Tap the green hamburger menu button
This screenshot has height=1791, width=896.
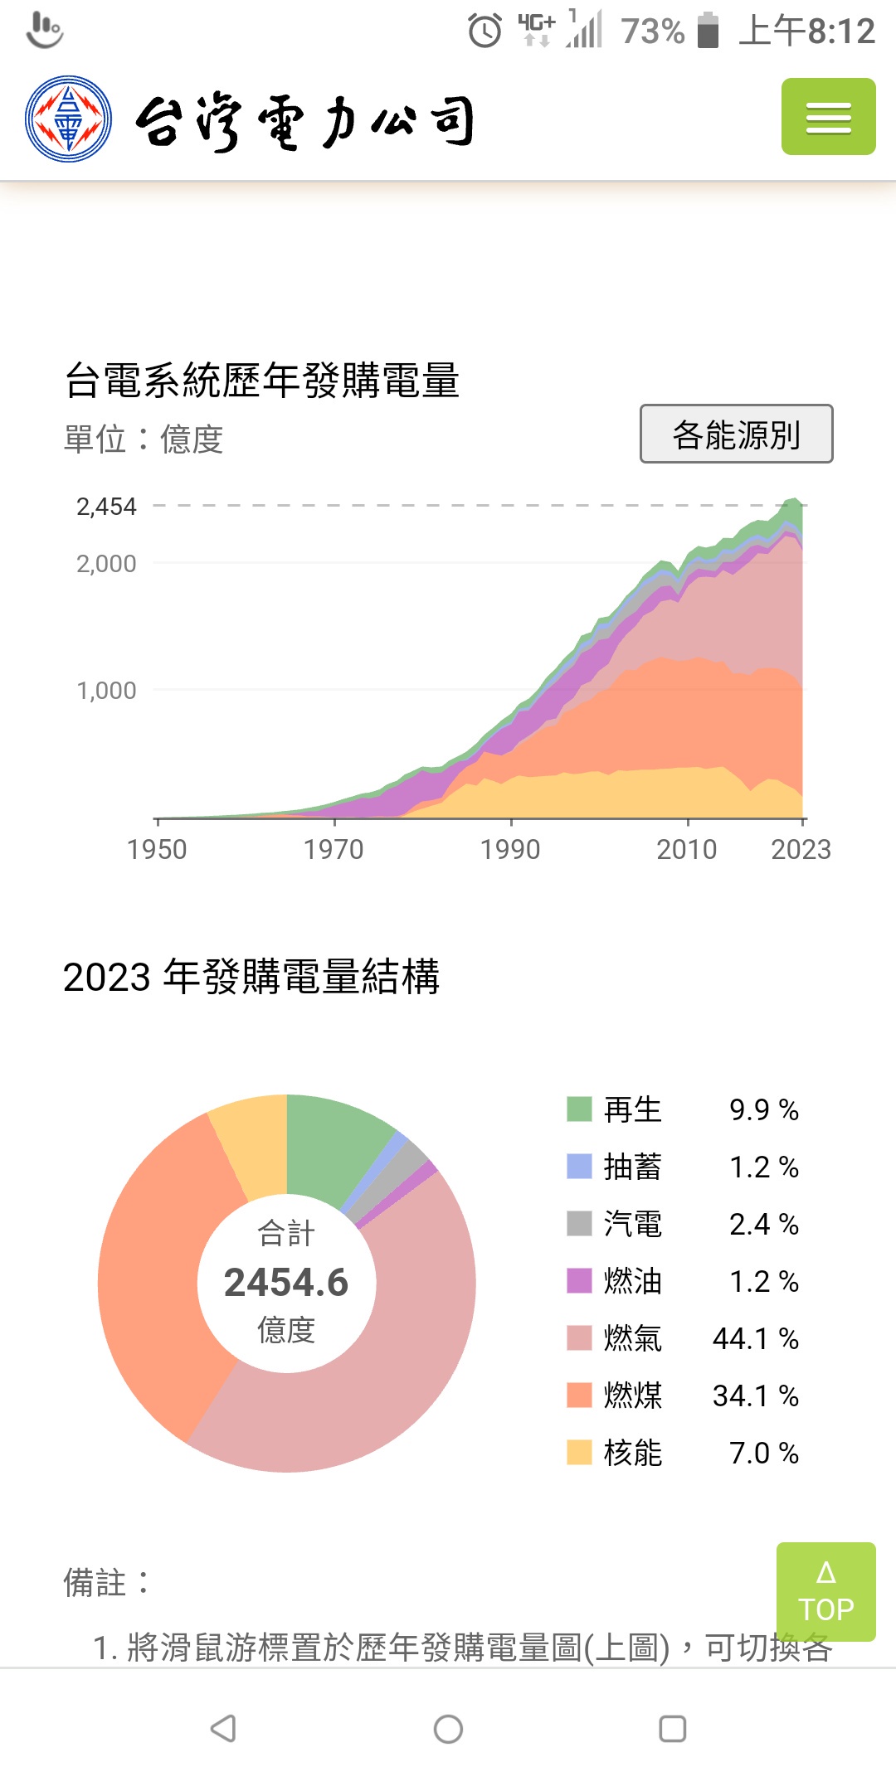828,117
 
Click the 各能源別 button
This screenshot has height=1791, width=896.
736,434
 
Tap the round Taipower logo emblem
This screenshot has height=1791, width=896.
68,119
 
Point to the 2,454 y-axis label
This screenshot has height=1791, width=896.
106,507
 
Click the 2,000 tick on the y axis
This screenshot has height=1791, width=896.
106,564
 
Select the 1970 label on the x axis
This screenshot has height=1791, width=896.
334,849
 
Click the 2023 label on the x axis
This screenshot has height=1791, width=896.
801,849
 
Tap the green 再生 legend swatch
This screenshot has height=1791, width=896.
579,1109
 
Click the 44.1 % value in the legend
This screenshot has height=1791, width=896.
755,1338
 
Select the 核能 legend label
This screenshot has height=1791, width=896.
632,1453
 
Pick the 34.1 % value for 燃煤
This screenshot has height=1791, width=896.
755,1395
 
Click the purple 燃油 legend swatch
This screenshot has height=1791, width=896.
579,1281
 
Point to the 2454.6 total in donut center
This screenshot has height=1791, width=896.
286,1282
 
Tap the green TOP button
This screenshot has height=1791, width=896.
825,1591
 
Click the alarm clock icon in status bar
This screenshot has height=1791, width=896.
485,32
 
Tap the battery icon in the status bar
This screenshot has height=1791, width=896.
708,31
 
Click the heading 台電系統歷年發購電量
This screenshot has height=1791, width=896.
262,381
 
